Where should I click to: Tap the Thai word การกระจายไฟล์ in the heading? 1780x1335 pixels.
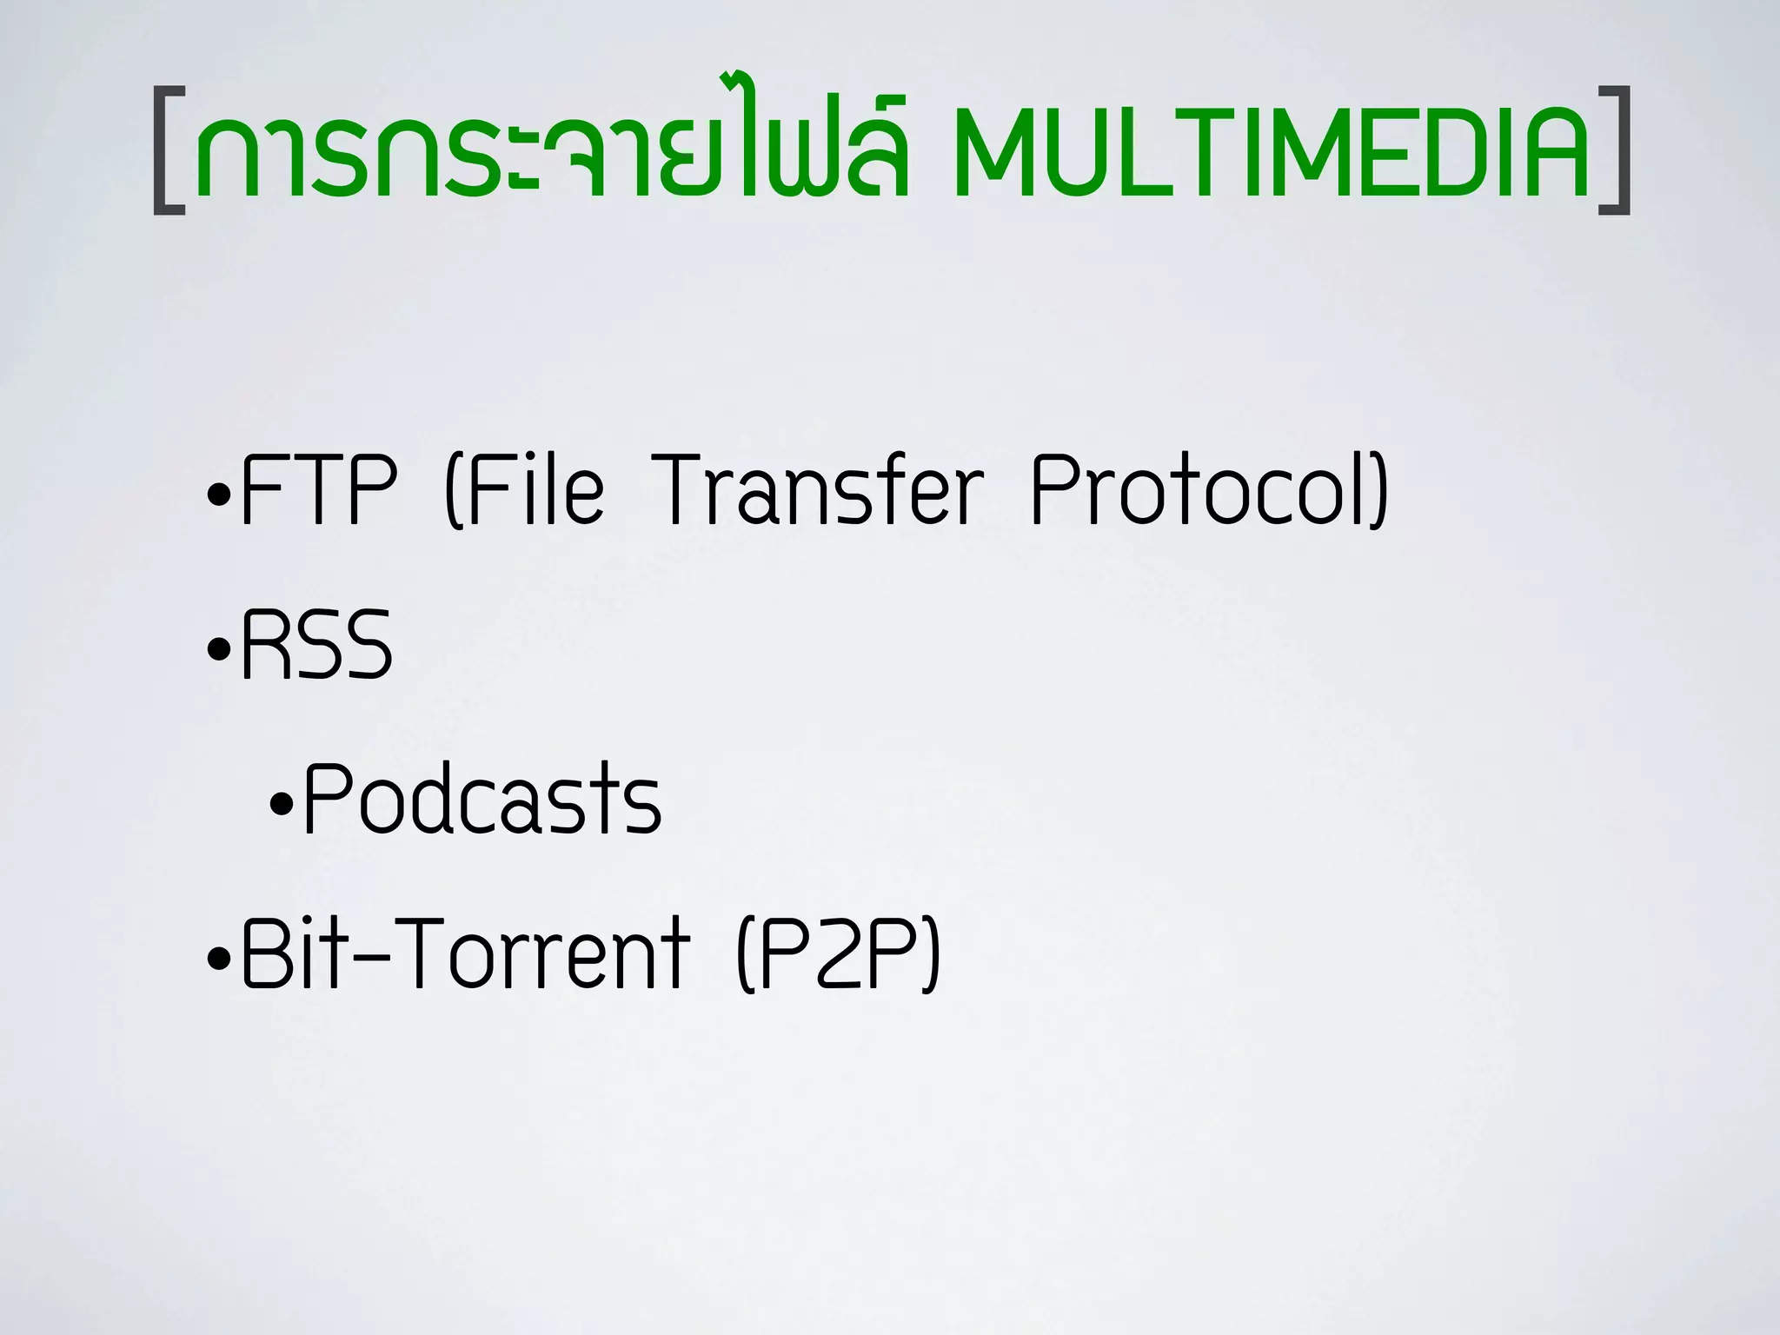click(552, 143)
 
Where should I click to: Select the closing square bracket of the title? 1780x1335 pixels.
click(1616, 149)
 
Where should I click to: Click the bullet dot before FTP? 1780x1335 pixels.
click(220, 496)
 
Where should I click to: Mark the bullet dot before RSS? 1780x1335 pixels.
click(220, 650)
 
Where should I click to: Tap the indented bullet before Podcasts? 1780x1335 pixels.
click(282, 805)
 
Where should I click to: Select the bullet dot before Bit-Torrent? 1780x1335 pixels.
click(220, 960)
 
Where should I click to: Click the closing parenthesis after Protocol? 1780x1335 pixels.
click(1379, 491)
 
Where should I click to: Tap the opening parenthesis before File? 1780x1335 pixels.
click(452, 491)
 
